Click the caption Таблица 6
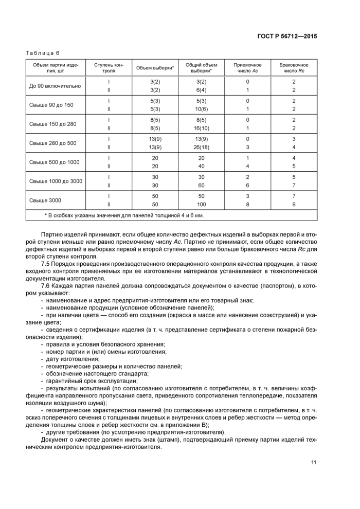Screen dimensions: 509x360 (43, 52)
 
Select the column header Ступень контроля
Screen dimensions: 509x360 (109, 68)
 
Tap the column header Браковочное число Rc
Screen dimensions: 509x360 (294, 68)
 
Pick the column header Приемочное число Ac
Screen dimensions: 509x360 (247, 68)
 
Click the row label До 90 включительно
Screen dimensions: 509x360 (54, 85)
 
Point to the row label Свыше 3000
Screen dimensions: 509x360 (45, 200)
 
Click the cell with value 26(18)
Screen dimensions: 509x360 (201, 147)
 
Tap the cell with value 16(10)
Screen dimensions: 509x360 (201, 128)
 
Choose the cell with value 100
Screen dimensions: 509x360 (201, 204)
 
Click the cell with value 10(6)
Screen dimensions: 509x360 (201, 109)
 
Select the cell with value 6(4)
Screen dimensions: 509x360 (201, 90)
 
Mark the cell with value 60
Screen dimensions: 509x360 (201, 185)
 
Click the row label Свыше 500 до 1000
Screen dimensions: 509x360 (55, 162)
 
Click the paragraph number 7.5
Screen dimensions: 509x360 (45, 264)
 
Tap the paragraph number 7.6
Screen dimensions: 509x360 (45, 285)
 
